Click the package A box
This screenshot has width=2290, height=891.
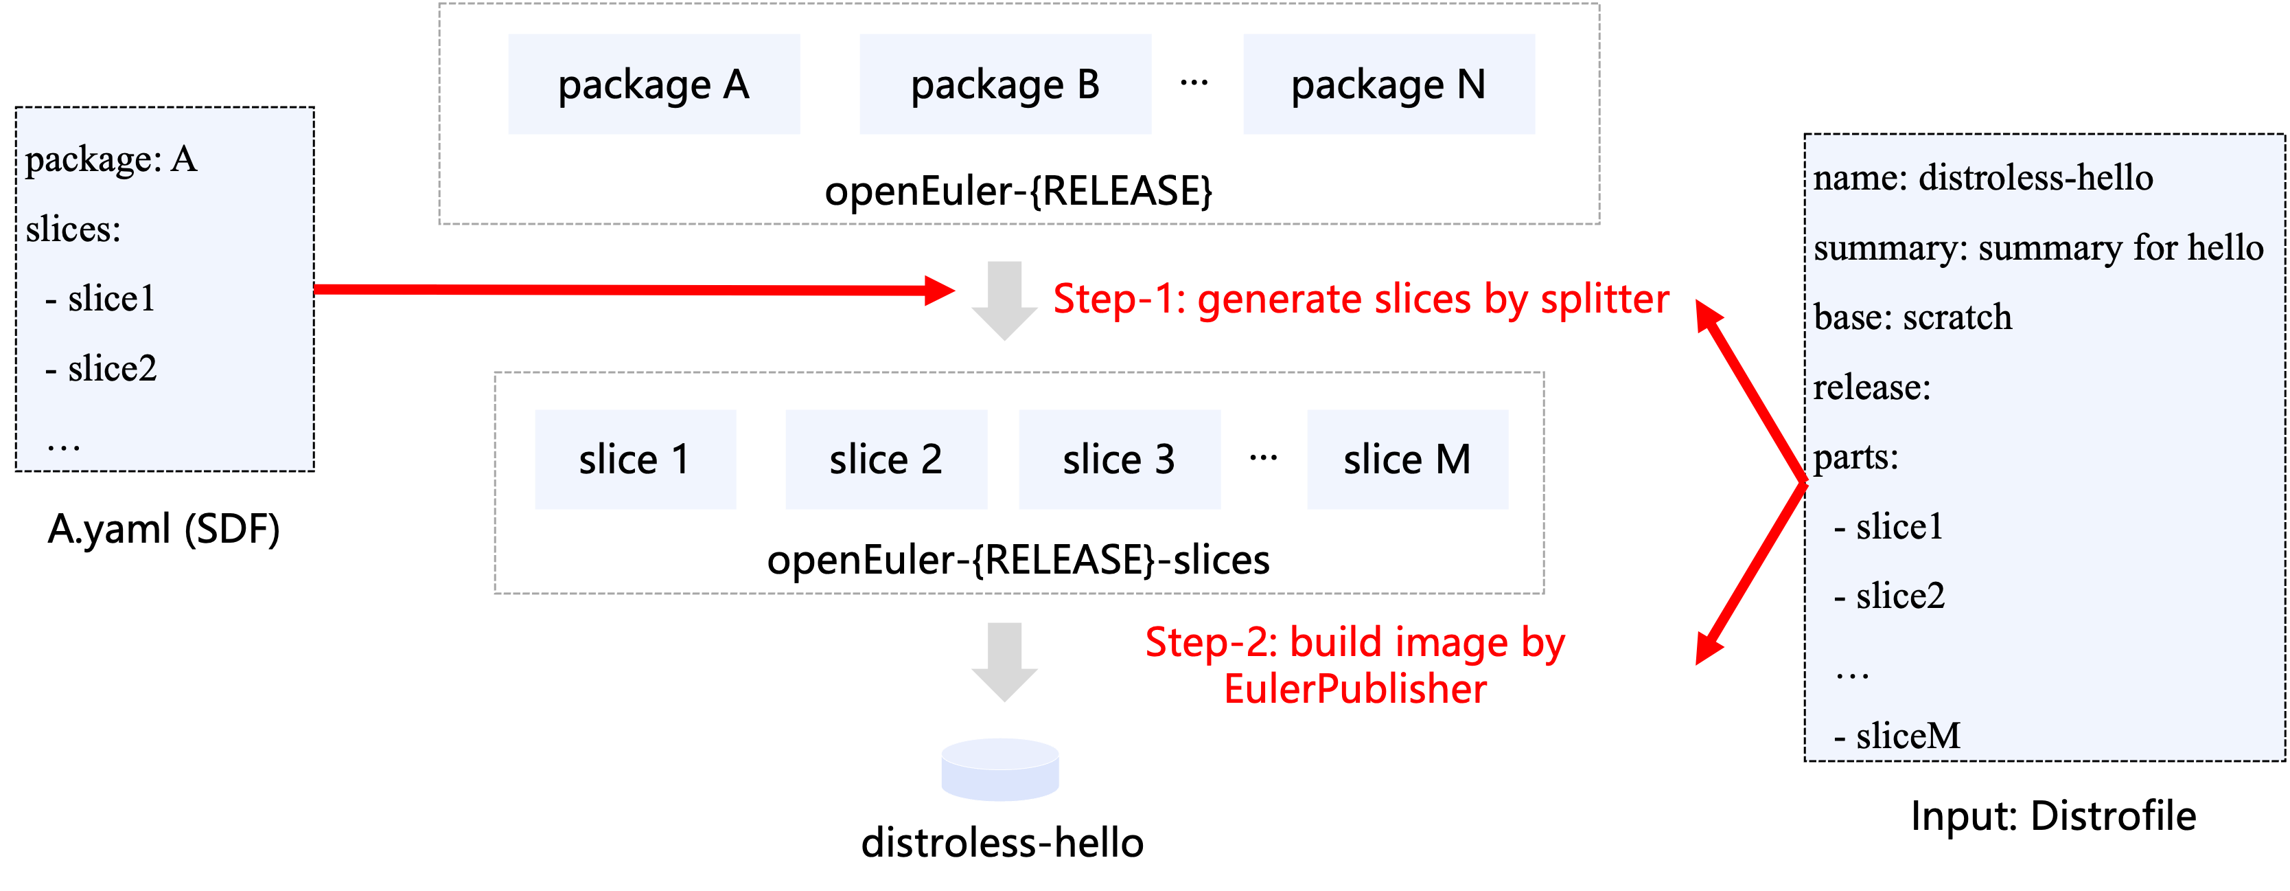point(654,84)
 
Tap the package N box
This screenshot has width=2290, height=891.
point(1388,84)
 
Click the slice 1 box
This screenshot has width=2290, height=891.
point(635,460)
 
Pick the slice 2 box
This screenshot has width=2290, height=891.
point(886,460)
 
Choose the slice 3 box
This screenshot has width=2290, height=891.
point(1118,460)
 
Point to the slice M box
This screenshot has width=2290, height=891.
point(1407,460)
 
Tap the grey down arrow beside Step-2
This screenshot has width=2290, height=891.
point(1004,662)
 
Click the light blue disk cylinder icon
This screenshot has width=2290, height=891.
point(1000,770)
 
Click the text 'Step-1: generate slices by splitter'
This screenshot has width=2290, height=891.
point(1360,300)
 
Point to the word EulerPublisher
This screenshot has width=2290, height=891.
point(1355,689)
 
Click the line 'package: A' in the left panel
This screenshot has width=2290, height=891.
point(111,160)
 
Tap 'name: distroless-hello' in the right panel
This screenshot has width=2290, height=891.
point(1982,178)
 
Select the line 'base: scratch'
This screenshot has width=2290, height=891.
point(1912,317)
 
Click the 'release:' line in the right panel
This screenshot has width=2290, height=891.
point(1871,387)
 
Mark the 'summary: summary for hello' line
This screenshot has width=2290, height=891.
point(2037,248)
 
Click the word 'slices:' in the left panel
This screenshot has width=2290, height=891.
point(73,229)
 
